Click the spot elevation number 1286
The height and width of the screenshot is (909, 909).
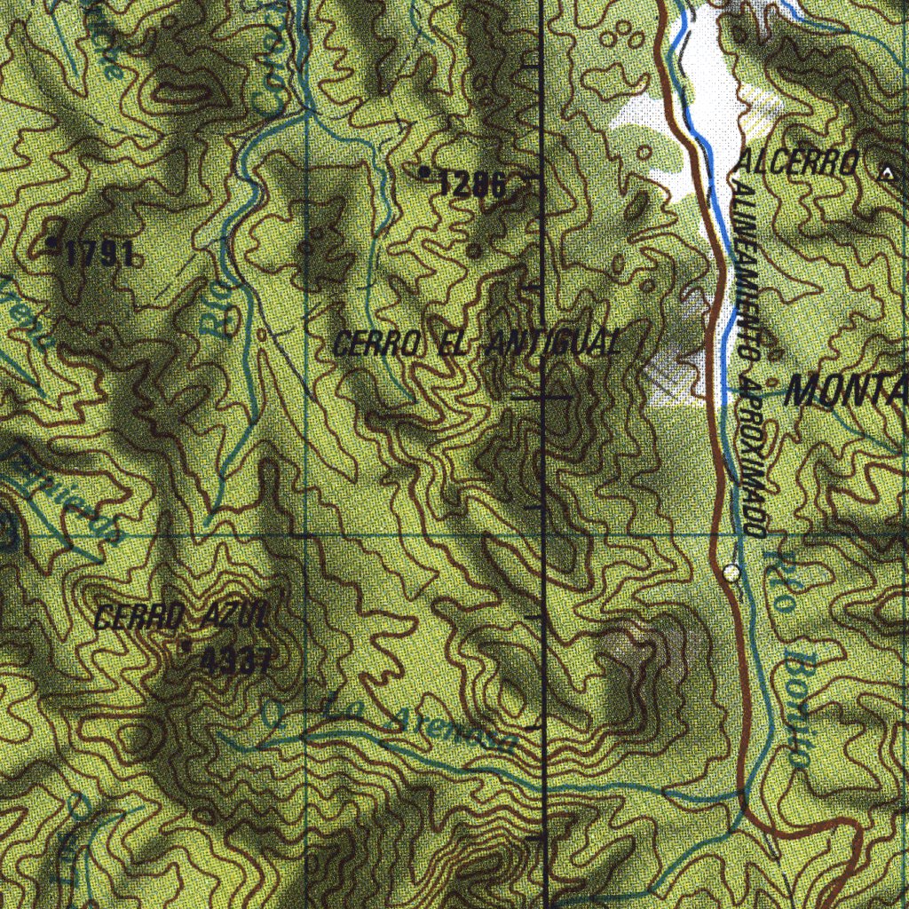[x=472, y=185]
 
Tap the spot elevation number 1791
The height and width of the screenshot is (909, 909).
[x=99, y=256]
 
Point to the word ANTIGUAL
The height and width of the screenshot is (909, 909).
[x=552, y=344]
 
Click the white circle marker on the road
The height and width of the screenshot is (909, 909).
[x=731, y=573]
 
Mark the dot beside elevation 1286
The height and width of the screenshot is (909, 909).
[x=425, y=170]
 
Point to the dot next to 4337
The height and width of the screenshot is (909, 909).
[x=186, y=647]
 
